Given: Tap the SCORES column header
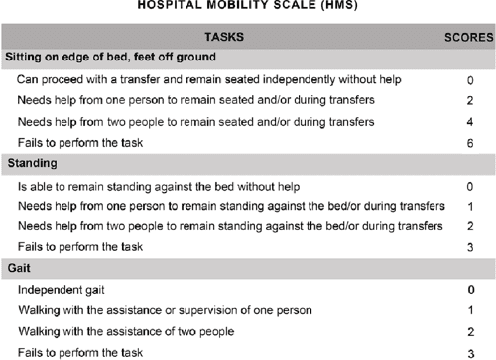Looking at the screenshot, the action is tap(465, 37).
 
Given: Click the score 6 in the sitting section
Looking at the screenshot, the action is tap(469, 143).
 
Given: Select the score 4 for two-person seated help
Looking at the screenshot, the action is tap(469, 122).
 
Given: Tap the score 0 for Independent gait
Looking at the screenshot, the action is tap(469, 290).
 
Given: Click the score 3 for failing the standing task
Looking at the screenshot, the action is tap(469, 247).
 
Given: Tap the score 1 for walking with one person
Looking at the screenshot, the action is tap(469, 310).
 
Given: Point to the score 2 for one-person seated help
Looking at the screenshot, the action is tap(469, 100).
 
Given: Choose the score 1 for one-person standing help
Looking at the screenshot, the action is tap(469, 205).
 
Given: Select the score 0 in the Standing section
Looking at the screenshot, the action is tap(469, 184).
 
